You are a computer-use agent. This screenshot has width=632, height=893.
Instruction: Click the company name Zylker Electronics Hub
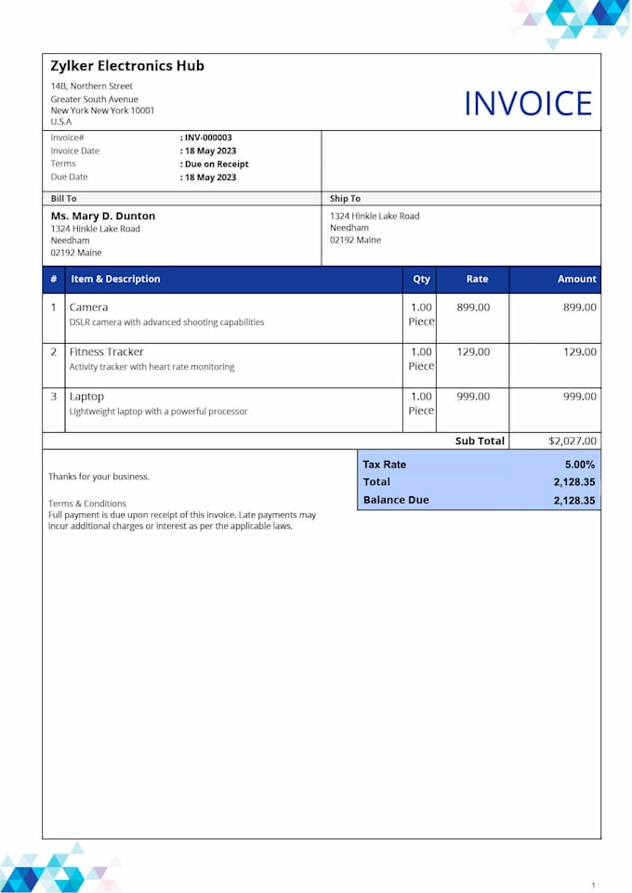(x=127, y=66)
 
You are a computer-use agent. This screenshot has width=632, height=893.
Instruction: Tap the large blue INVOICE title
(x=528, y=103)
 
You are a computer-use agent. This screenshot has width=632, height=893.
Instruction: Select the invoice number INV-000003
(x=207, y=138)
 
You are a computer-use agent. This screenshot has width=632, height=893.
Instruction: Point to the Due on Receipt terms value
(x=216, y=164)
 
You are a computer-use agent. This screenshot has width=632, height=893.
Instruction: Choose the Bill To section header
(x=64, y=198)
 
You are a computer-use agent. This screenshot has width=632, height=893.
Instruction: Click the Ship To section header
(x=345, y=198)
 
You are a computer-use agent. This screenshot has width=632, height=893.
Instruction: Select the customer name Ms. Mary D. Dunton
(x=103, y=216)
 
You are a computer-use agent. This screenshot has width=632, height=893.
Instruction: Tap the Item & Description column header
(x=115, y=279)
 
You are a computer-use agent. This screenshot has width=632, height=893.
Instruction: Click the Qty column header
(x=422, y=279)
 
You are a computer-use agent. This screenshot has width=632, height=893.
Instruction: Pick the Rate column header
(x=477, y=279)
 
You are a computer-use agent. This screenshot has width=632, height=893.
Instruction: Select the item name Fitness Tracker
(x=107, y=352)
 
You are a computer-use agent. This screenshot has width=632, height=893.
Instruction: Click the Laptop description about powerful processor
(x=158, y=412)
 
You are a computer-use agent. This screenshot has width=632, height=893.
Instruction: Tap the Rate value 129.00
(x=473, y=352)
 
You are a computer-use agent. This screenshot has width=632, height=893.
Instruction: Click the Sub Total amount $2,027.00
(x=573, y=441)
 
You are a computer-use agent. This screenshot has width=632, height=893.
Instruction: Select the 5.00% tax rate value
(x=579, y=465)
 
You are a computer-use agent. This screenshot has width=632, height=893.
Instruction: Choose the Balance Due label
(x=396, y=500)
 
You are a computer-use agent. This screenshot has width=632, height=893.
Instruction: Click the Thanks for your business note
(x=99, y=477)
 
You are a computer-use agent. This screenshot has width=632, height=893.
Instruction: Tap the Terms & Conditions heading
(x=87, y=504)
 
